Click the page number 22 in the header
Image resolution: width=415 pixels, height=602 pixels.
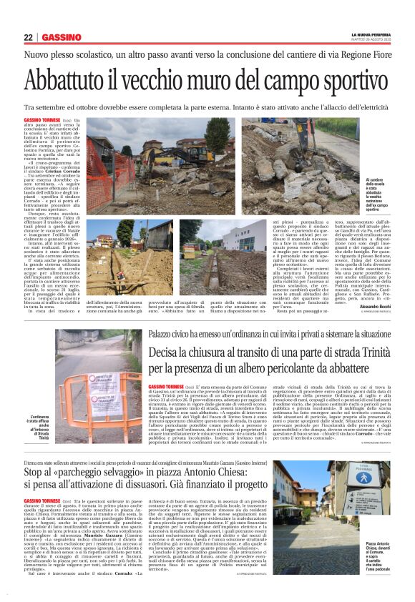click(28, 37)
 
